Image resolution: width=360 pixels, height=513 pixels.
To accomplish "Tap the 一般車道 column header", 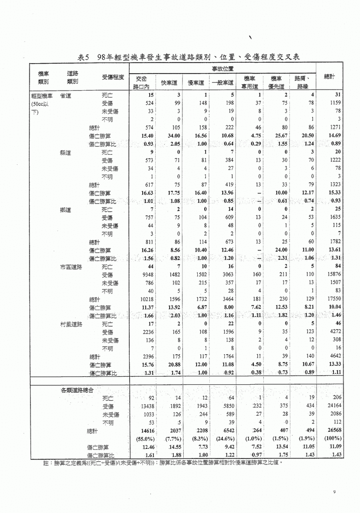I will [222, 83].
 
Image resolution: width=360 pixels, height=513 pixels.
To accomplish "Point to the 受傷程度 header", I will [112, 77].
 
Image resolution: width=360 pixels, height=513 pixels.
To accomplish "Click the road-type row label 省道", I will [65, 95].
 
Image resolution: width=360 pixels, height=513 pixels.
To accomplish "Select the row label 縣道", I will [65, 152].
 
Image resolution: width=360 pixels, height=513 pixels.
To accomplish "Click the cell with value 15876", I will [331, 275].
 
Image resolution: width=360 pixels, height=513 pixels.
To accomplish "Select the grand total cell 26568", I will [331, 430].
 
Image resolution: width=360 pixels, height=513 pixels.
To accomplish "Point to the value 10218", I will [144, 299].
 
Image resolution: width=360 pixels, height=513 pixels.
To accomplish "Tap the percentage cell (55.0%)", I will [144, 438].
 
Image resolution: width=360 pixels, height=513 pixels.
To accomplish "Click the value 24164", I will [331, 406].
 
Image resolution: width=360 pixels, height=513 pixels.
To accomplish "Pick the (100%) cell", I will [331, 438].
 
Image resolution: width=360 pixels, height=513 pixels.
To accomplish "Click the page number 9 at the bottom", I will [334, 492].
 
